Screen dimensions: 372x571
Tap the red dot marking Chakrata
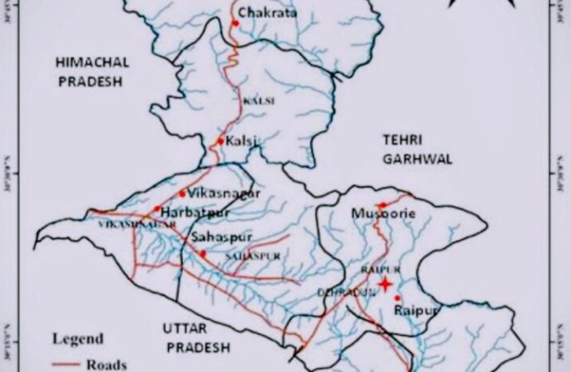point(236,23)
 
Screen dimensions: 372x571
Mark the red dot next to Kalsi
point(221,142)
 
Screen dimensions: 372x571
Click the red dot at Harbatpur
point(157,209)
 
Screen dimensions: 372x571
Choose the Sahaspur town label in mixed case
point(221,237)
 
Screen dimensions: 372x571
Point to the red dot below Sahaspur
point(203,253)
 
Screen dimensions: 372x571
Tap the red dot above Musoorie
point(381,205)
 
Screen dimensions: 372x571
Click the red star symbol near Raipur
point(384,285)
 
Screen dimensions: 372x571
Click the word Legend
point(79,338)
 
